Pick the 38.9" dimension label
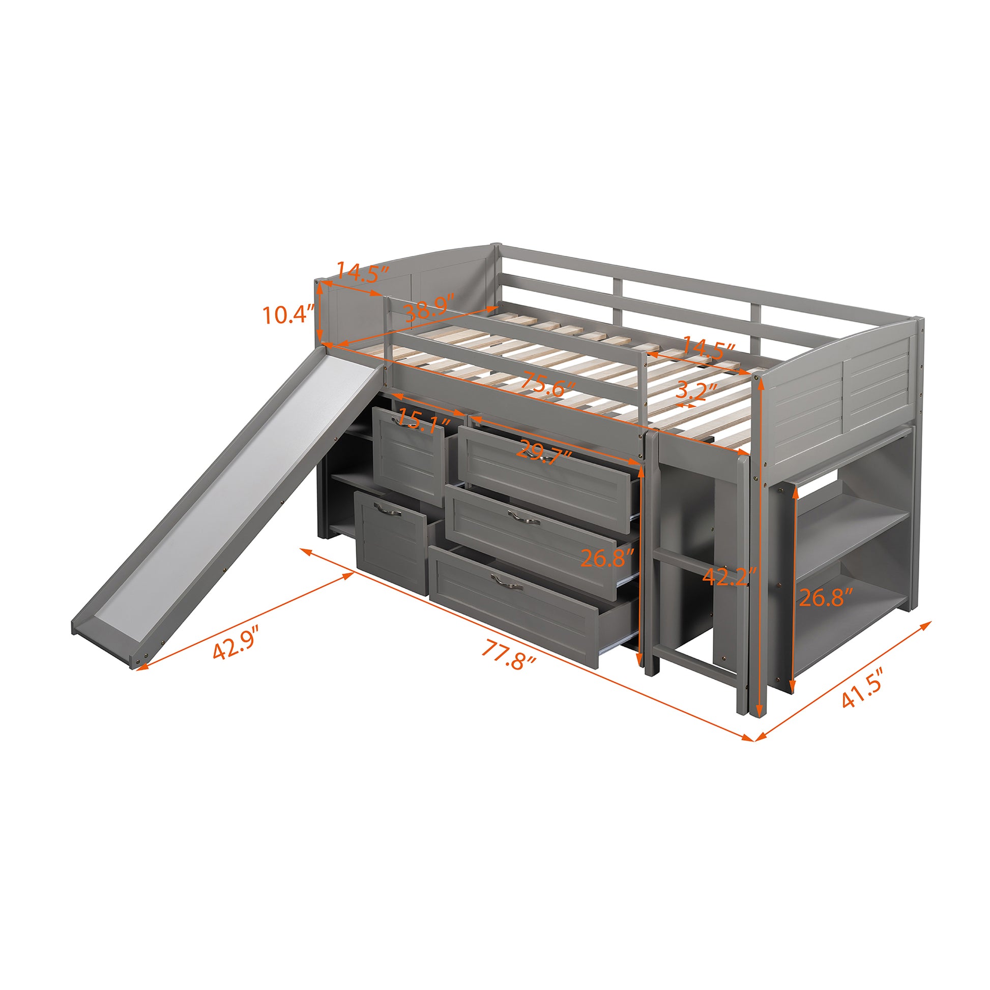pos(429,310)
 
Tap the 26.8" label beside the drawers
pos(608,557)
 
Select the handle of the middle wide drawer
pos(523,518)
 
